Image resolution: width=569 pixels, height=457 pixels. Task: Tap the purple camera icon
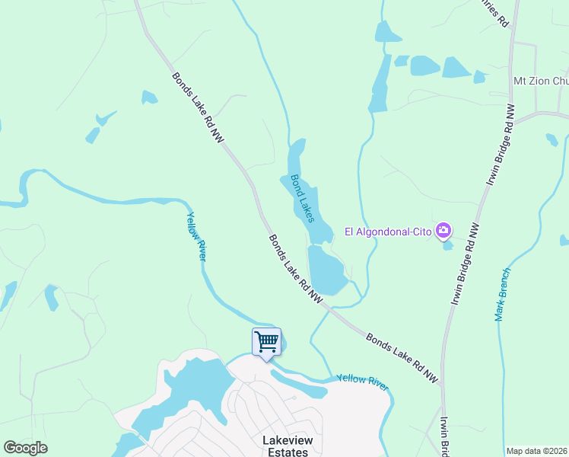443,231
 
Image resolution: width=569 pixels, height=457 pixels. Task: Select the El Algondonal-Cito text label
388,232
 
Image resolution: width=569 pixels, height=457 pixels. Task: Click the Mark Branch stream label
503,295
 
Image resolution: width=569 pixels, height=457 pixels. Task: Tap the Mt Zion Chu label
541,81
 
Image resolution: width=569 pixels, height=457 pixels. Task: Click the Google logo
25,448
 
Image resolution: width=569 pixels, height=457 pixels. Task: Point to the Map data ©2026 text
536,451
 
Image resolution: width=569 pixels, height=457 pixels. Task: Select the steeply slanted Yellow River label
196,237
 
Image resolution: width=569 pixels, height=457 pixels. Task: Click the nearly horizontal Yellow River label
362,382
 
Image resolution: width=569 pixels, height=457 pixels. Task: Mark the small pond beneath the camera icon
448,245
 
